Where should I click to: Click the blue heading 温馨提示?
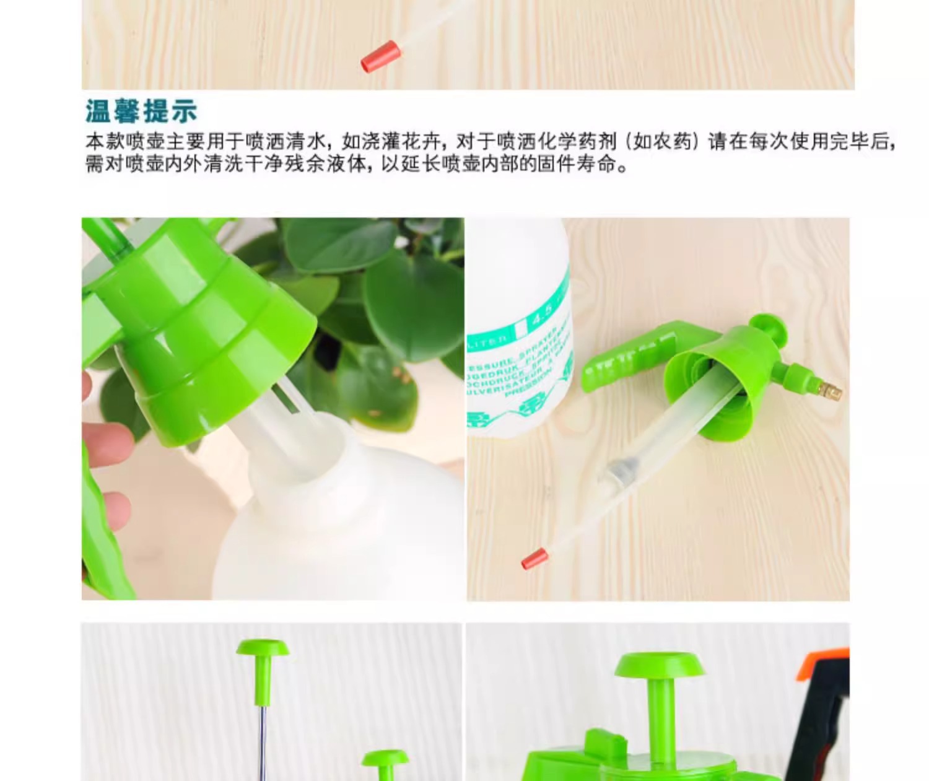pos(141,111)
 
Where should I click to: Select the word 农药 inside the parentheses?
pos(672,141)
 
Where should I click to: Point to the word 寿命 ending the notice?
pos(597,164)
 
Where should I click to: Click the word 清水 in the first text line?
pos(306,141)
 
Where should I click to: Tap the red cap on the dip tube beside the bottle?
pos(533,559)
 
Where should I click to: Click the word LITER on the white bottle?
pos(489,339)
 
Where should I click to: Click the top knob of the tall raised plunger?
pos(263,648)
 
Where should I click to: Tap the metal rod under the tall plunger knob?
pos(263,737)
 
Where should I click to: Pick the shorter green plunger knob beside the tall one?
pos(385,759)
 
